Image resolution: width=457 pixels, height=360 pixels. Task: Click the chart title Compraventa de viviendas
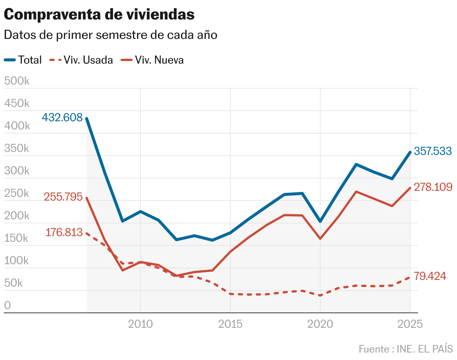pyautogui.click(x=99, y=15)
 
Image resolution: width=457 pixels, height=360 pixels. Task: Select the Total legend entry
pyautogui.click(x=23, y=60)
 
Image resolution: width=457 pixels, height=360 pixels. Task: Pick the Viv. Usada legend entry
pyautogui.click(x=81, y=60)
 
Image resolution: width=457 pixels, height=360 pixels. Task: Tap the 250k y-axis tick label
pyautogui.click(x=17, y=193)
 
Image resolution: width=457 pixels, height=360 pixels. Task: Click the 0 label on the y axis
pyautogui.click(x=7, y=306)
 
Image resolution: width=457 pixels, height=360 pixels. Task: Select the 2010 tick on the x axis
pyautogui.click(x=140, y=324)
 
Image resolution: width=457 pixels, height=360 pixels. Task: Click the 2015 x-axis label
pyautogui.click(x=230, y=324)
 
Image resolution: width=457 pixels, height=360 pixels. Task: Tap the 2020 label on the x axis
pyautogui.click(x=320, y=324)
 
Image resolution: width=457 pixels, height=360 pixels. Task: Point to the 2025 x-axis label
pyautogui.click(x=410, y=324)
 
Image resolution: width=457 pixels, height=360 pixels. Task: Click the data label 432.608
pyautogui.click(x=62, y=118)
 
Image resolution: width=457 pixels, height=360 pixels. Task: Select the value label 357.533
pyautogui.click(x=433, y=151)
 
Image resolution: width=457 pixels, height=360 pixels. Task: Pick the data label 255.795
pyautogui.click(x=63, y=197)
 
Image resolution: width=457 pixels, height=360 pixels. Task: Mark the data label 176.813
pyautogui.click(x=64, y=232)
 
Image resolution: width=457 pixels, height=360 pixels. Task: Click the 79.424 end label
pyautogui.click(x=430, y=277)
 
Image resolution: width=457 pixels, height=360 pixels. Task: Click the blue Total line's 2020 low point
pyautogui.click(x=320, y=222)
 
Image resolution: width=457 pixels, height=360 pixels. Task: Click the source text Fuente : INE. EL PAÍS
pyautogui.click(x=406, y=349)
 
